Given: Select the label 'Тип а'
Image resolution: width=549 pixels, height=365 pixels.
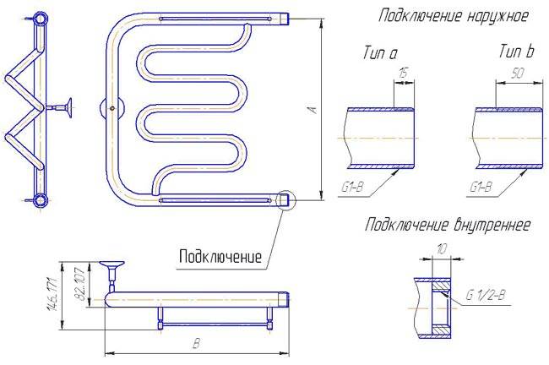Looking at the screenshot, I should [379, 53].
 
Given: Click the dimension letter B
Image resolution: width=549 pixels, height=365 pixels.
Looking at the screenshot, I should [196, 344].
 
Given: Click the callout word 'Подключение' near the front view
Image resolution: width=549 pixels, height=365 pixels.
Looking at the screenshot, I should [219, 256].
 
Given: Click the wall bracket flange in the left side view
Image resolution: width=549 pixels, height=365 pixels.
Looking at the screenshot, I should [66, 107].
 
